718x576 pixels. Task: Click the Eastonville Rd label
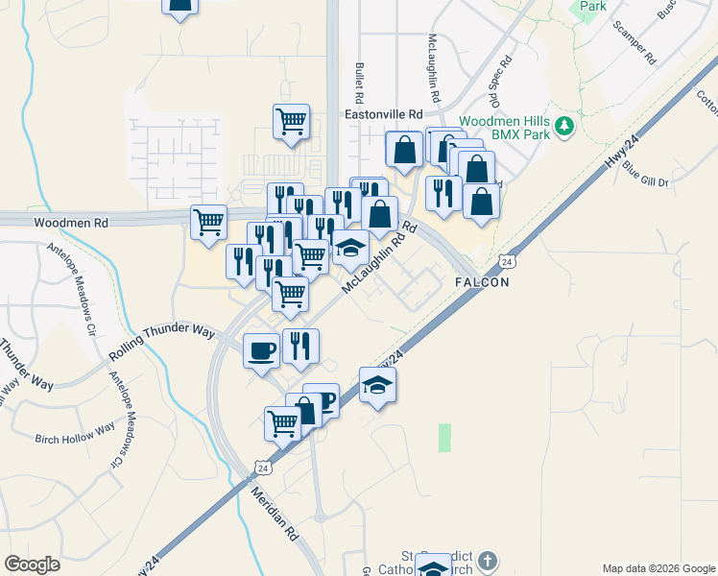(383, 113)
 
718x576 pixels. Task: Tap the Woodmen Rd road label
(70, 222)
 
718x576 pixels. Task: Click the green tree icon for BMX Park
(566, 124)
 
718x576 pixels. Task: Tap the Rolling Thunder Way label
(161, 343)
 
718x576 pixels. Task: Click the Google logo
(32, 564)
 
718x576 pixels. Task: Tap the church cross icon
(488, 560)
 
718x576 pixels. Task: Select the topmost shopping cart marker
(291, 122)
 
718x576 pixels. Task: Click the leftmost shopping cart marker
(208, 223)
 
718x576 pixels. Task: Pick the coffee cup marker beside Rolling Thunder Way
(262, 350)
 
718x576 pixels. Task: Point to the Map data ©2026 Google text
(658, 568)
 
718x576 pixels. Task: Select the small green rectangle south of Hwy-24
(444, 438)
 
